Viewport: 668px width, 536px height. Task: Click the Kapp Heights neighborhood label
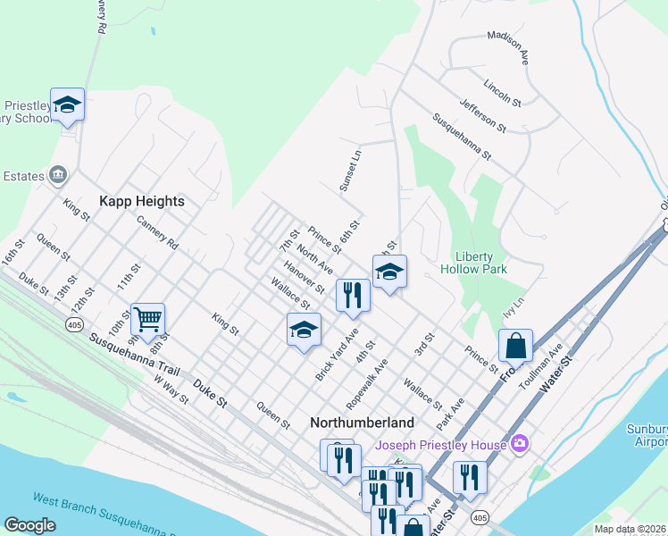point(142,201)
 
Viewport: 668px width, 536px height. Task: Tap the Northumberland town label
point(362,422)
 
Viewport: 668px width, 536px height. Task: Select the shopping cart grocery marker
point(147,318)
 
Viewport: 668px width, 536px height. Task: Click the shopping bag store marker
point(516,345)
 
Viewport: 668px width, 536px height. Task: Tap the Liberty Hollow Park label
point(474,262)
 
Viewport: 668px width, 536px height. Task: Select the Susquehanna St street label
point(462,137)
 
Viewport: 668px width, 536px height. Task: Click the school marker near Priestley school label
point(68,105)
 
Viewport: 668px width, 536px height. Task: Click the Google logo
point(29,525)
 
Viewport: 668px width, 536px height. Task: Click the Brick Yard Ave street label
point(336,354)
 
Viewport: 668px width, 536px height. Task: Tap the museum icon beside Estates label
point(59,173)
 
